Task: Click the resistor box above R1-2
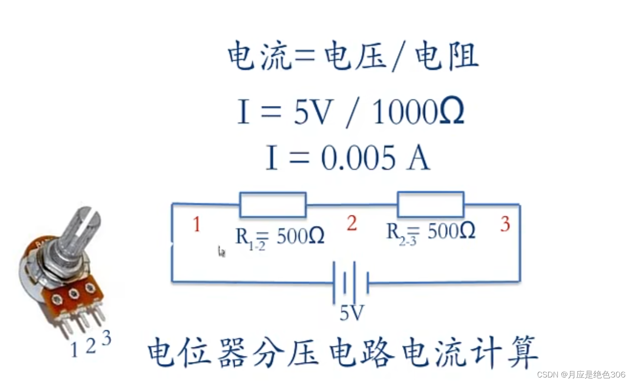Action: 273,205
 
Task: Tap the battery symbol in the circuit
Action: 350,282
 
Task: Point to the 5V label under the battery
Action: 352,314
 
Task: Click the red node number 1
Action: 196,224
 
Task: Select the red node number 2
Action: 351,223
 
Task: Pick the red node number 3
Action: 505,224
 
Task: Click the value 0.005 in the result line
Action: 358,158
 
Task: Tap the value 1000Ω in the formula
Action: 418,112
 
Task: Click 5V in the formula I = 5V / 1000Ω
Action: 312,112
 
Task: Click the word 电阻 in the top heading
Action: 447,56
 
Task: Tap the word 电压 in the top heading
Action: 355,56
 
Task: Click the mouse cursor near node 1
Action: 221,252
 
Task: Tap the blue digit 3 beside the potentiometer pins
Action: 106,338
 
